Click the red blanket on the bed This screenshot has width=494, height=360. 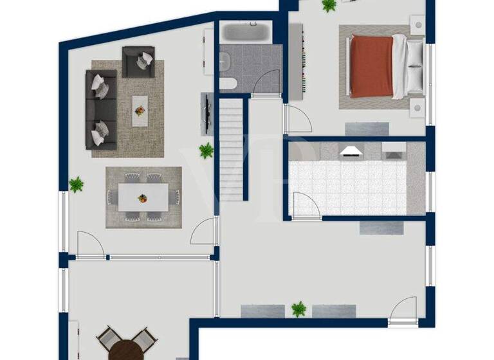pyautogui.click(x=371, y=67)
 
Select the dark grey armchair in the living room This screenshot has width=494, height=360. pyautogui.click(x=138, y=62)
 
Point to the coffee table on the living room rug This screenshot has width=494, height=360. pyautogui.click(x=140, y=111)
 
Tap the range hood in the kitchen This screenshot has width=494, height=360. pyautogui.click(x=351, y=152)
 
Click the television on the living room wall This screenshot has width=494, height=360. pyautogui.click(x=206, y=113)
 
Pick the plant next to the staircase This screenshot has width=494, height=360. pyautogui.click(x=206, y=151)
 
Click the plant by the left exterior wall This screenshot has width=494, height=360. pyautogui.click(x=77, y=184)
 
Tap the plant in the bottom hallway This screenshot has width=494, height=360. pyautogui.click(x=298, y=309)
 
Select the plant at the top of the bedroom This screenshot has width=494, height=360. pyautogui.click(x=329, y=6)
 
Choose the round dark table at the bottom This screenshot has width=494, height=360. pyautogui.click(x=126, y=350)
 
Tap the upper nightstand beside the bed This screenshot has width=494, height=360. pyautogui.click(x=417, y=26)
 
